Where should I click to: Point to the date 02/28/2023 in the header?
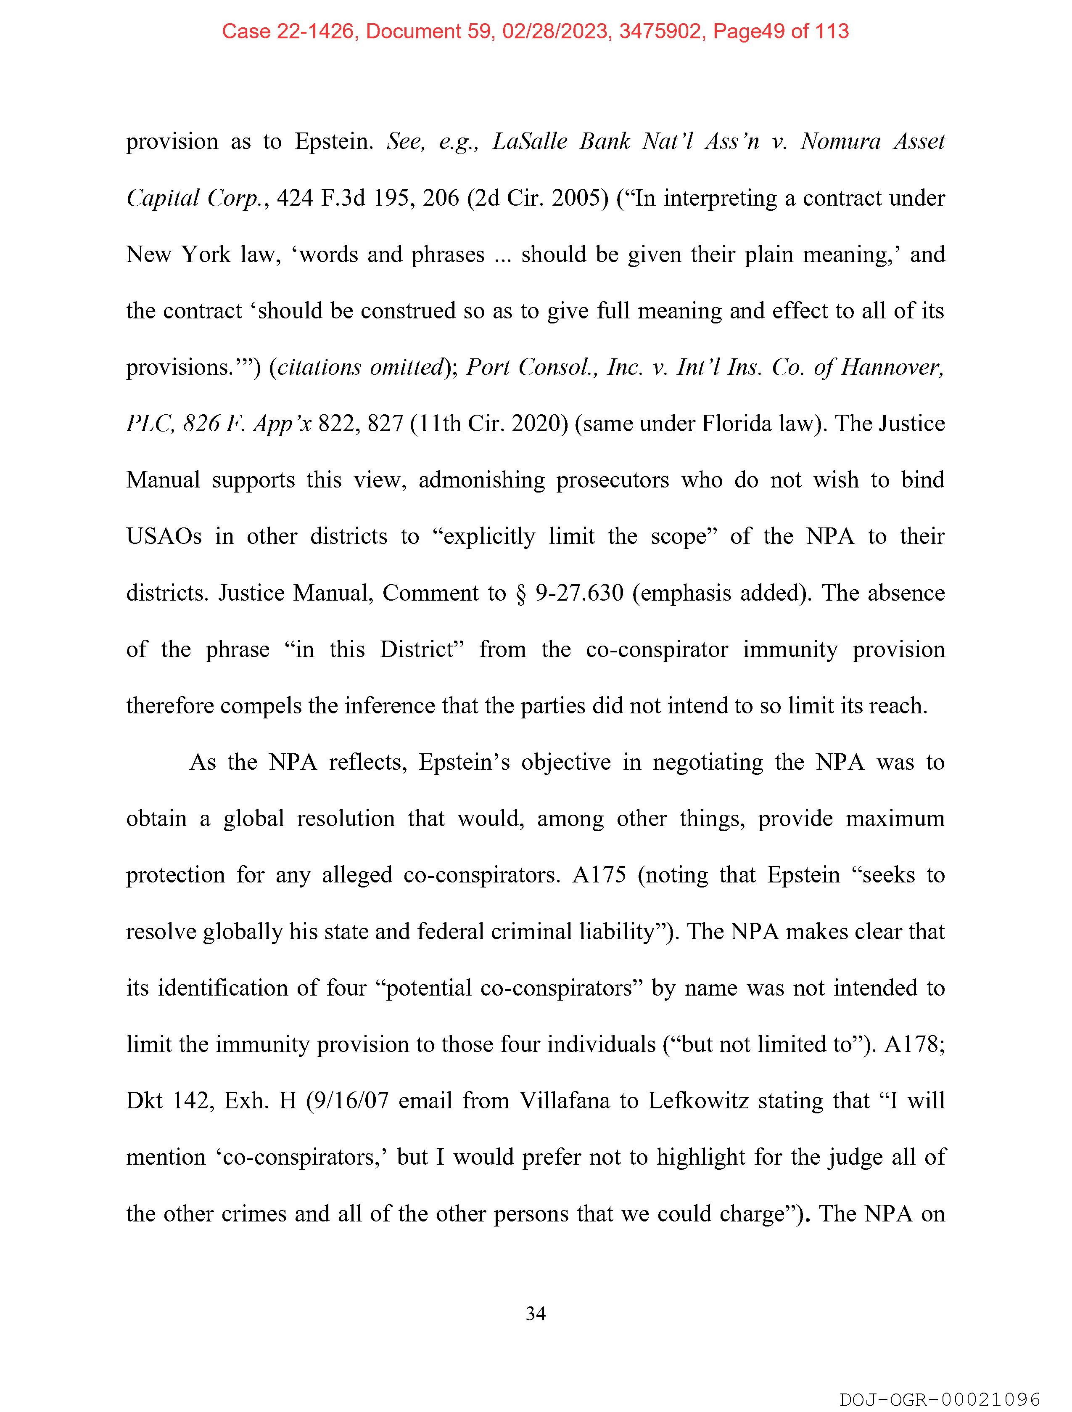554,31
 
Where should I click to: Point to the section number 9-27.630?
579,593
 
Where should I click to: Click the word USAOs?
164,536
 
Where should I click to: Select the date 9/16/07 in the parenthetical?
348,1100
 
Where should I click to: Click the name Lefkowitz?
698,1100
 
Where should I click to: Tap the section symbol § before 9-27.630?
521,593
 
